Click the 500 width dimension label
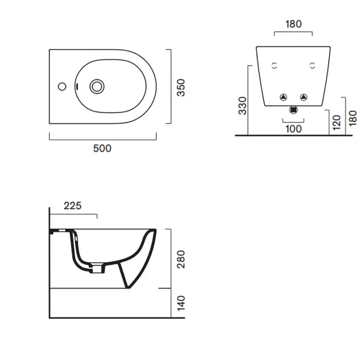(x=102, y=148)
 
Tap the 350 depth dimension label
(x=181, y=87)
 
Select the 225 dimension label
(x=73, y=206)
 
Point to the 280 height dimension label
(x=181, y=259)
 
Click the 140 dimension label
(x=181, y=303)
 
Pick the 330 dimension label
(x=242, y=105)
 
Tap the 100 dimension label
(x=294, y=129)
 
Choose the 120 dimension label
(x=336, y=122)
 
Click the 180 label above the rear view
(x=294, y=24)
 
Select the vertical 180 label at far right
(x=353, y=118)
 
